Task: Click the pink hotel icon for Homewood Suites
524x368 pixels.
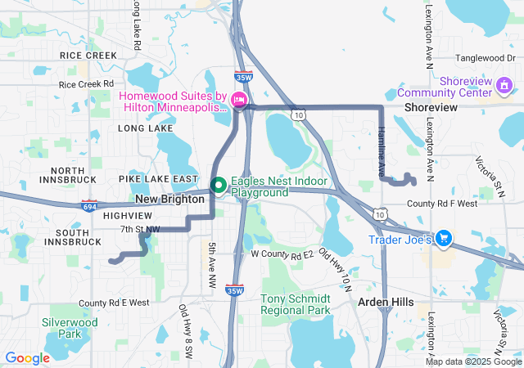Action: click(x=239, y=101)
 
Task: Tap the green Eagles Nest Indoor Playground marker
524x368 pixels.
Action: click(x=219, y=186)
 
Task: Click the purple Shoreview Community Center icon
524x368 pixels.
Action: click(x=504, y=85)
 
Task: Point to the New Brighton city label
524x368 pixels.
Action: click(x=169, y=199)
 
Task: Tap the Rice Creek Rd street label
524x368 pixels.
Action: click(x=86, y=84)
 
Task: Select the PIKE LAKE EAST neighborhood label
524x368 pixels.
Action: click(x=158, y=178)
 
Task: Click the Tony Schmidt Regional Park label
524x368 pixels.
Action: click(x=296, y=304)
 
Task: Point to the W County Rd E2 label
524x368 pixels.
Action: click(x=282, y=254)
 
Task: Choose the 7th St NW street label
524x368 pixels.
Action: click(x=140, y=229)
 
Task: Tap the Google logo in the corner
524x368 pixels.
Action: click(x=27, y=358)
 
